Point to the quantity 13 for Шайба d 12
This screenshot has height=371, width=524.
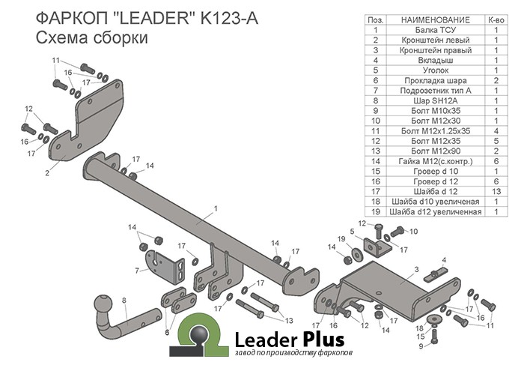(x=496, y=190)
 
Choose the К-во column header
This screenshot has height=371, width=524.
(x=496, y=19)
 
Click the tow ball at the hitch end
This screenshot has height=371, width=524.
(x=102, y=305)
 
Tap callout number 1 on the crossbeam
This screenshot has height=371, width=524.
(x=215, y=208)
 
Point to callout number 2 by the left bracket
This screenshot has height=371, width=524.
(x=46, y=173)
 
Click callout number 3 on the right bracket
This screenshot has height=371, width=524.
(x=415, y=268)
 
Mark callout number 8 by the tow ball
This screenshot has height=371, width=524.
(x=125, y=301)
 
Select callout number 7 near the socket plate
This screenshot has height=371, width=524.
(x=137, y=270)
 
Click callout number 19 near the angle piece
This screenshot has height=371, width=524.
(x=341, y=239)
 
